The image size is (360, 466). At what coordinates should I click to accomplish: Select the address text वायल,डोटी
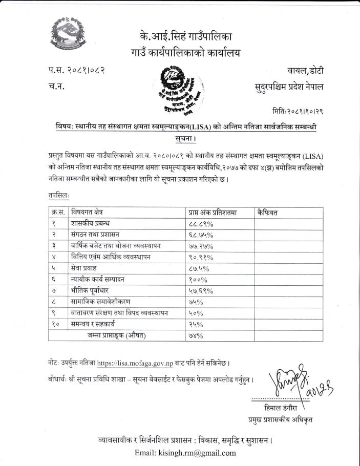(306, 70)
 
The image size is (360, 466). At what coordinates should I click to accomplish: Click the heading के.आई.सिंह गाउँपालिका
(185, 37)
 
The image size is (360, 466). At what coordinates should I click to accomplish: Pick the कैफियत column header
(268, 213)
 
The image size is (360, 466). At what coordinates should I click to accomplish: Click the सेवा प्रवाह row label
(85, 268)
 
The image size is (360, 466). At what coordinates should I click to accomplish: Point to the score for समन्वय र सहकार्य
(195, 324)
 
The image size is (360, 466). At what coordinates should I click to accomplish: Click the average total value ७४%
(194, 335)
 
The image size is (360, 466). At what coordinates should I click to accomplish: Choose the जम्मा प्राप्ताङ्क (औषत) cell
(116, 335)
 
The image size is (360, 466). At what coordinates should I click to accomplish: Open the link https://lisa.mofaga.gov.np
(137, 363)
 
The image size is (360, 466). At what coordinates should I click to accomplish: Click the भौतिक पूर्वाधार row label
(90, 291)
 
